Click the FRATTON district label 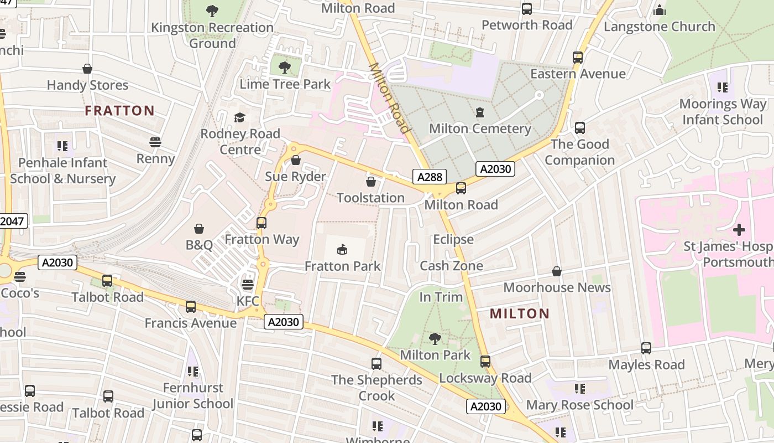point(119,111)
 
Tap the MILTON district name point(520,314)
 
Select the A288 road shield point(430,177)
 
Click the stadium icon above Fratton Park point(343,250)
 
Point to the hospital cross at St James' point(739,229)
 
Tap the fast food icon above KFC point(248,285)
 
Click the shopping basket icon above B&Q point(199,229)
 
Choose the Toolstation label point(370,198)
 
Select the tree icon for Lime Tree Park point(285,68)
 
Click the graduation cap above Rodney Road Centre point(239,117)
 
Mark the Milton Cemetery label point(480,128)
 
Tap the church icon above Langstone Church point(659,10)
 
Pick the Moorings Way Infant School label point(723,112)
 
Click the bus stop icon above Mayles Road point(646,348)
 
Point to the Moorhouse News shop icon point(557,271)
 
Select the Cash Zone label point(451,266)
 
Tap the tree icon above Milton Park point(435,338)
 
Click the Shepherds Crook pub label point(376,388)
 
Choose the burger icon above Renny point(155,142)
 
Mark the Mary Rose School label point(579,405)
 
